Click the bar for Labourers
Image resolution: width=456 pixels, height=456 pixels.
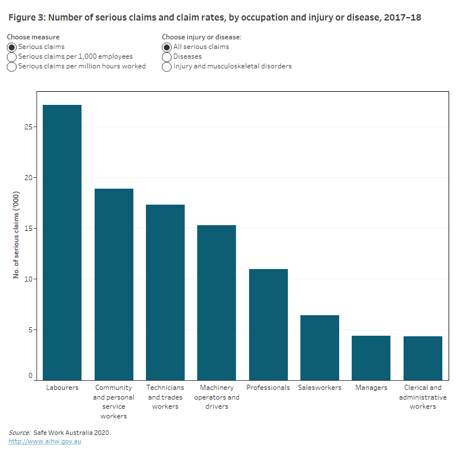(62, 242)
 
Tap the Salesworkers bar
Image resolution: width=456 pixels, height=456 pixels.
(319, 347)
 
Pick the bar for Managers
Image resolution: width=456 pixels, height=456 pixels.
(371, 357)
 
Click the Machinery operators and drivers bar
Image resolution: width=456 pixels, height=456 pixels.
(217, 302)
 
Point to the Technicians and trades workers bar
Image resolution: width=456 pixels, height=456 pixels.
(165, 292)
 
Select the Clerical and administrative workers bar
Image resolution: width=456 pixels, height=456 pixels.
(422, 358)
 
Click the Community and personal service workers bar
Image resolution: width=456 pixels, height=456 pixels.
(113, 284)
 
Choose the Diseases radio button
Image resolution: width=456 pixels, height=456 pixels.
(167, 57)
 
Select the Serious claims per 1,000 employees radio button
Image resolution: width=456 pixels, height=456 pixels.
(12, 57)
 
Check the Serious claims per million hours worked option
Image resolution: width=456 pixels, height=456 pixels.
(12, 67)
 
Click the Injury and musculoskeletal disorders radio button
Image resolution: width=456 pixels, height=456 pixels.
(167, 67)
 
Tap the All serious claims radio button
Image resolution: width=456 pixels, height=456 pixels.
(167, 47)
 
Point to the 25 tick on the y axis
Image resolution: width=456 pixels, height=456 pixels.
(28, 127)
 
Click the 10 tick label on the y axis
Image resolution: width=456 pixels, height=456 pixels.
(28, 279)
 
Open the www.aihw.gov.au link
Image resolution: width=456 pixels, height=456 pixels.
(44, 441)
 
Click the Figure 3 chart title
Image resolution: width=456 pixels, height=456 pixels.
(215, 18)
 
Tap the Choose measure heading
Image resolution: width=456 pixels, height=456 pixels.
(33, 37)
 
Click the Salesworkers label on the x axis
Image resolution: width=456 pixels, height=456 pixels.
(319, 388)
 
